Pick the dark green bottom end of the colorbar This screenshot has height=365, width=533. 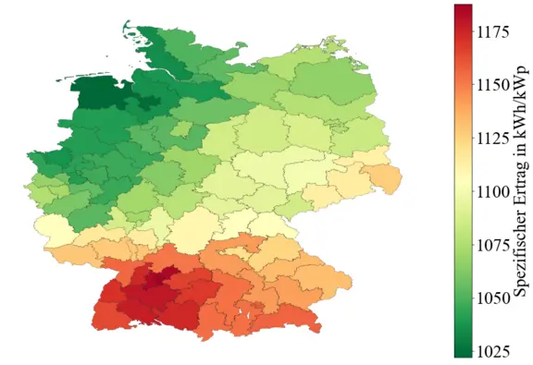tap(464, 352)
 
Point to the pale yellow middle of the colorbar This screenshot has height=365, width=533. tap(464, 185)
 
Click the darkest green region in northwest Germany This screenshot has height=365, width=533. tap(96, 93)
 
